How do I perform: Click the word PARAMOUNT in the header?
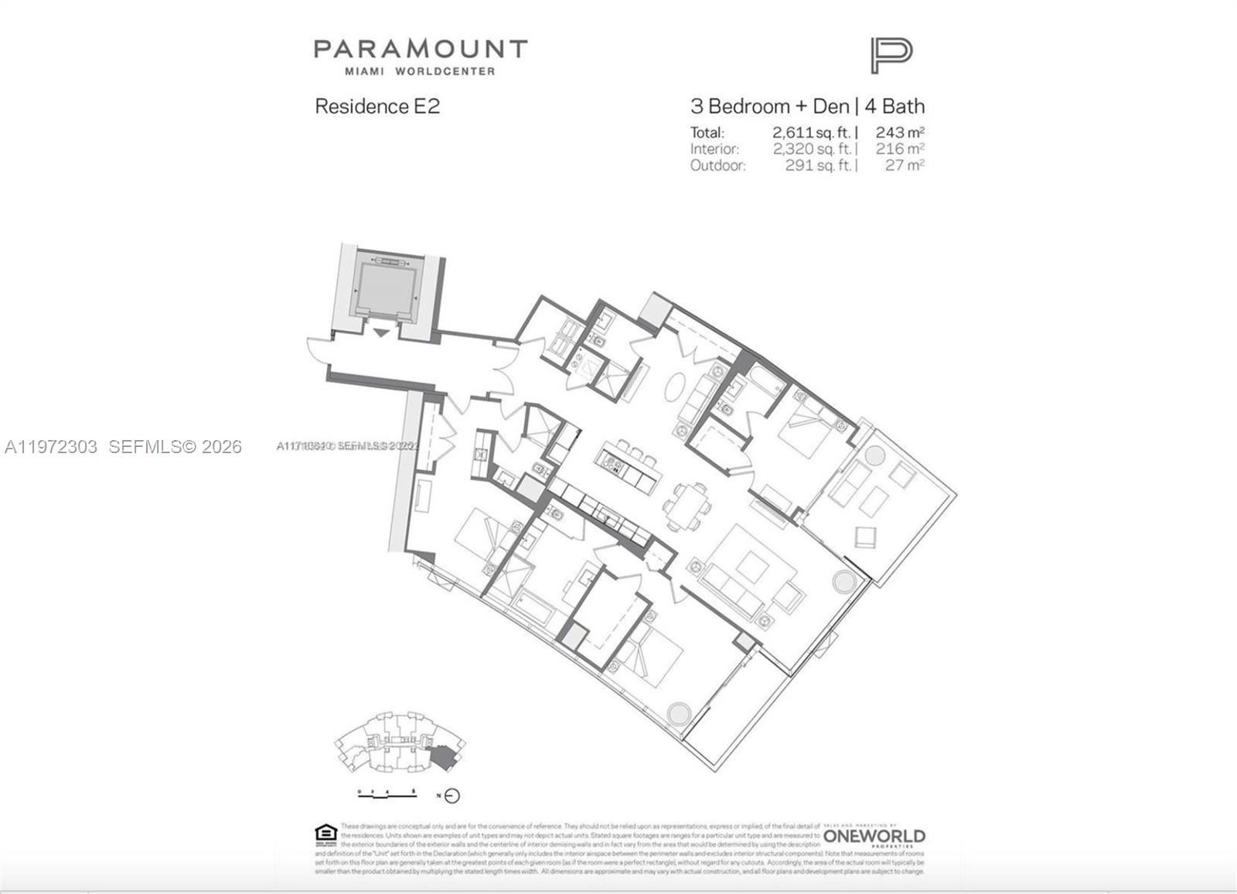420,49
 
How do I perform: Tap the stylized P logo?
891,56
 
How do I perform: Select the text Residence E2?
377,107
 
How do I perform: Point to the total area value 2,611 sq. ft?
813,132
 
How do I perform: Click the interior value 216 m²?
900,148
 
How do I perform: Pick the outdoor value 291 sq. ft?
819,165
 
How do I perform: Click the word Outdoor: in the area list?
718,165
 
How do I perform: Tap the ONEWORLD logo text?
874,836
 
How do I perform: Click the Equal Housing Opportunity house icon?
325,833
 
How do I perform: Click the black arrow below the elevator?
381,333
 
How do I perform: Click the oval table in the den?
673,386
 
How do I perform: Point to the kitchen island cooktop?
614,463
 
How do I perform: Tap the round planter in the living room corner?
843,581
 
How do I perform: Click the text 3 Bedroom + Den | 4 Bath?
807,106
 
